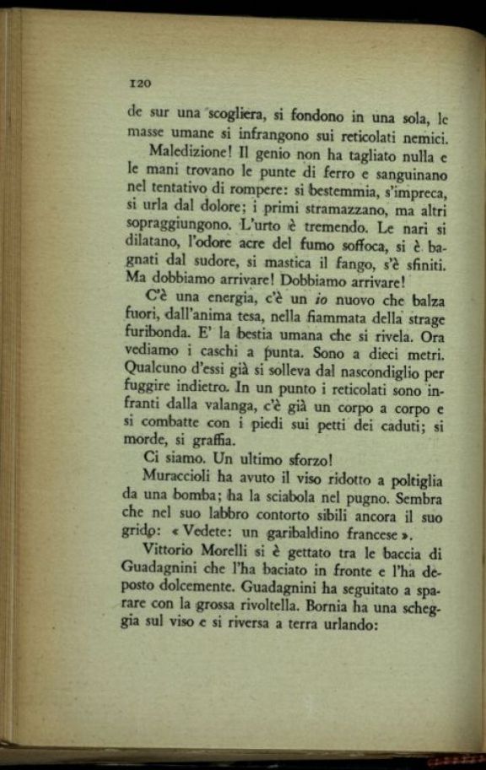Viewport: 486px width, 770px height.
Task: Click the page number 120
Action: pos(139,83)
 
